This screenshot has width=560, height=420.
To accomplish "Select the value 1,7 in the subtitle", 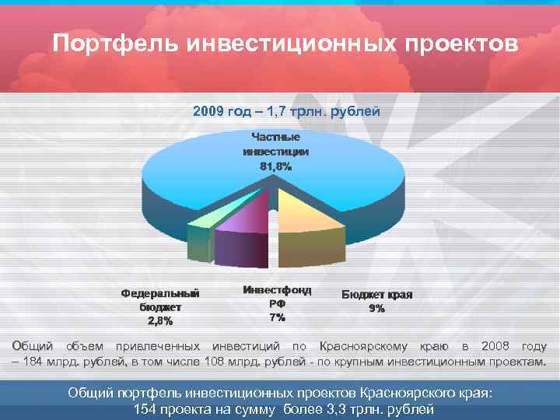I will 275,112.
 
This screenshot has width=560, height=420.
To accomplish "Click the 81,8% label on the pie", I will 275,166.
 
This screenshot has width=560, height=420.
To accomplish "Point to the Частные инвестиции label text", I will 275,144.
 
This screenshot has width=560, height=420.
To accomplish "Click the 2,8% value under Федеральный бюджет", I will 161,320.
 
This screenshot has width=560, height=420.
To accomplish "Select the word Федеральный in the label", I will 161,293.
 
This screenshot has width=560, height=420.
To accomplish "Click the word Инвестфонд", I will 277,289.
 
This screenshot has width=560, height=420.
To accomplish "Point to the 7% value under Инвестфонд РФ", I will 277,317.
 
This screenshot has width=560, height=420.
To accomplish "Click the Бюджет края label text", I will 377,295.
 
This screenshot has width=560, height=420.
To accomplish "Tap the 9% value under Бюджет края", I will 377,309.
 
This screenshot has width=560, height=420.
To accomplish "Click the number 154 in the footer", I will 146,410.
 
